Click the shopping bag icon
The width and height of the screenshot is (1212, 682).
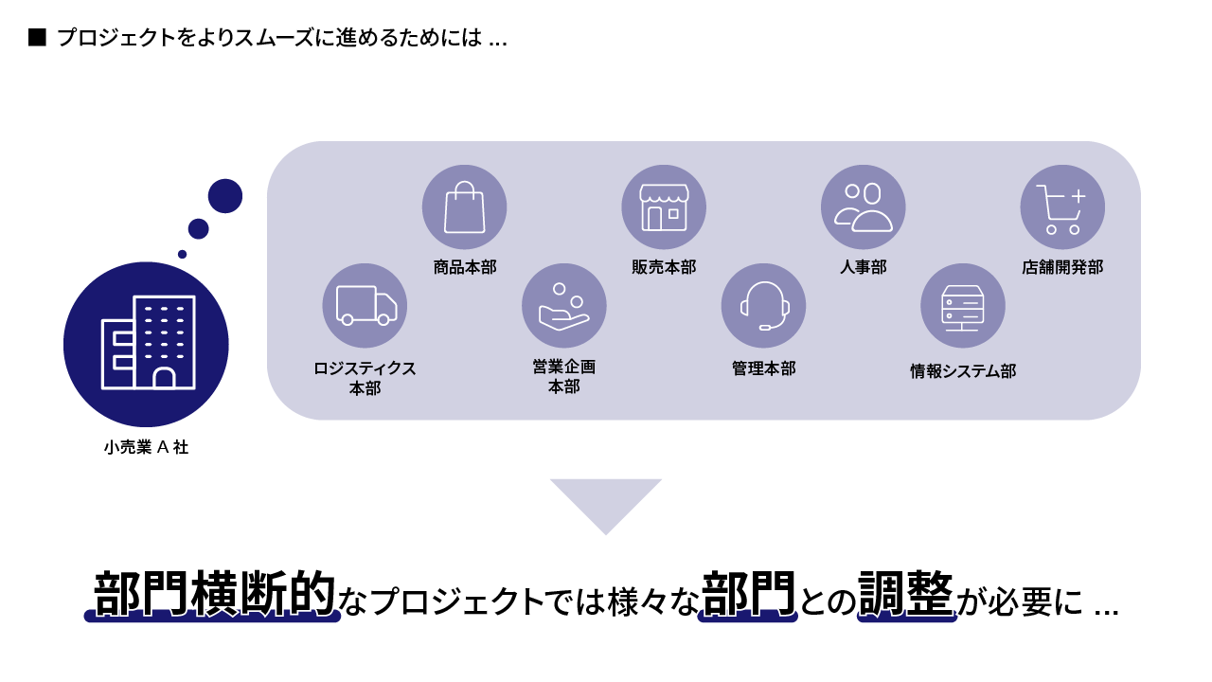pos(464,206)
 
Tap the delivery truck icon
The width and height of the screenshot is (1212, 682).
pos(365,306)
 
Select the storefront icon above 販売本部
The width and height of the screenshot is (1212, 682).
pos(664,206)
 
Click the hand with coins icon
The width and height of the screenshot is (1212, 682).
pos(564,306)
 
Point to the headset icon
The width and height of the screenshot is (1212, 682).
pos(764,306)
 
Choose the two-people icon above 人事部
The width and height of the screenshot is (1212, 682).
pos(864,206)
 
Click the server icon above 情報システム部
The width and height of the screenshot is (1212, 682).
pos(963,306)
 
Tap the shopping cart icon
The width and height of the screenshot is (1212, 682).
pos(1062,206)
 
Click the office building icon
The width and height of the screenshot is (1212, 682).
pos(147,344)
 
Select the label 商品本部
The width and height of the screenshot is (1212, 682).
pos(465,267)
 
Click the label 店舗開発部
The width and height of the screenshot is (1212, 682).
pos(1062,267)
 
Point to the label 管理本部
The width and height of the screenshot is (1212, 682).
pos(764,368)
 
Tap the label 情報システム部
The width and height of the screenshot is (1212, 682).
pos(963,371)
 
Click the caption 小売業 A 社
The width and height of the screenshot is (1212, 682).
pos(147,447)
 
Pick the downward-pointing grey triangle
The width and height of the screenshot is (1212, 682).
pos(606,500)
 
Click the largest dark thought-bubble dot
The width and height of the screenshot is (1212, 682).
pos(225,196)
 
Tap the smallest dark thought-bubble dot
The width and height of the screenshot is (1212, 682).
pos(183,254)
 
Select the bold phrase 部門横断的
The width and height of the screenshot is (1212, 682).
pos(215,594)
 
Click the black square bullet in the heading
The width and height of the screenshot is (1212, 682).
pos(37,37)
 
